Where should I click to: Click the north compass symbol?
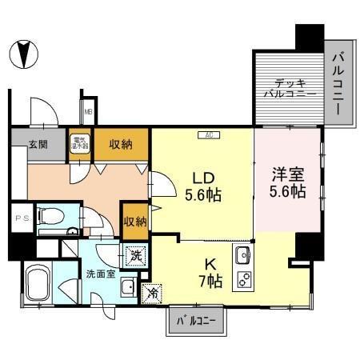coord(24,54)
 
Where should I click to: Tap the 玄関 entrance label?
coord(38,144)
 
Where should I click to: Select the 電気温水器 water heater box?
coord(80,144)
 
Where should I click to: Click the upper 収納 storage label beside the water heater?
coord(121,144)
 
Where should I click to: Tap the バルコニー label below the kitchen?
coord(195,323)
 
